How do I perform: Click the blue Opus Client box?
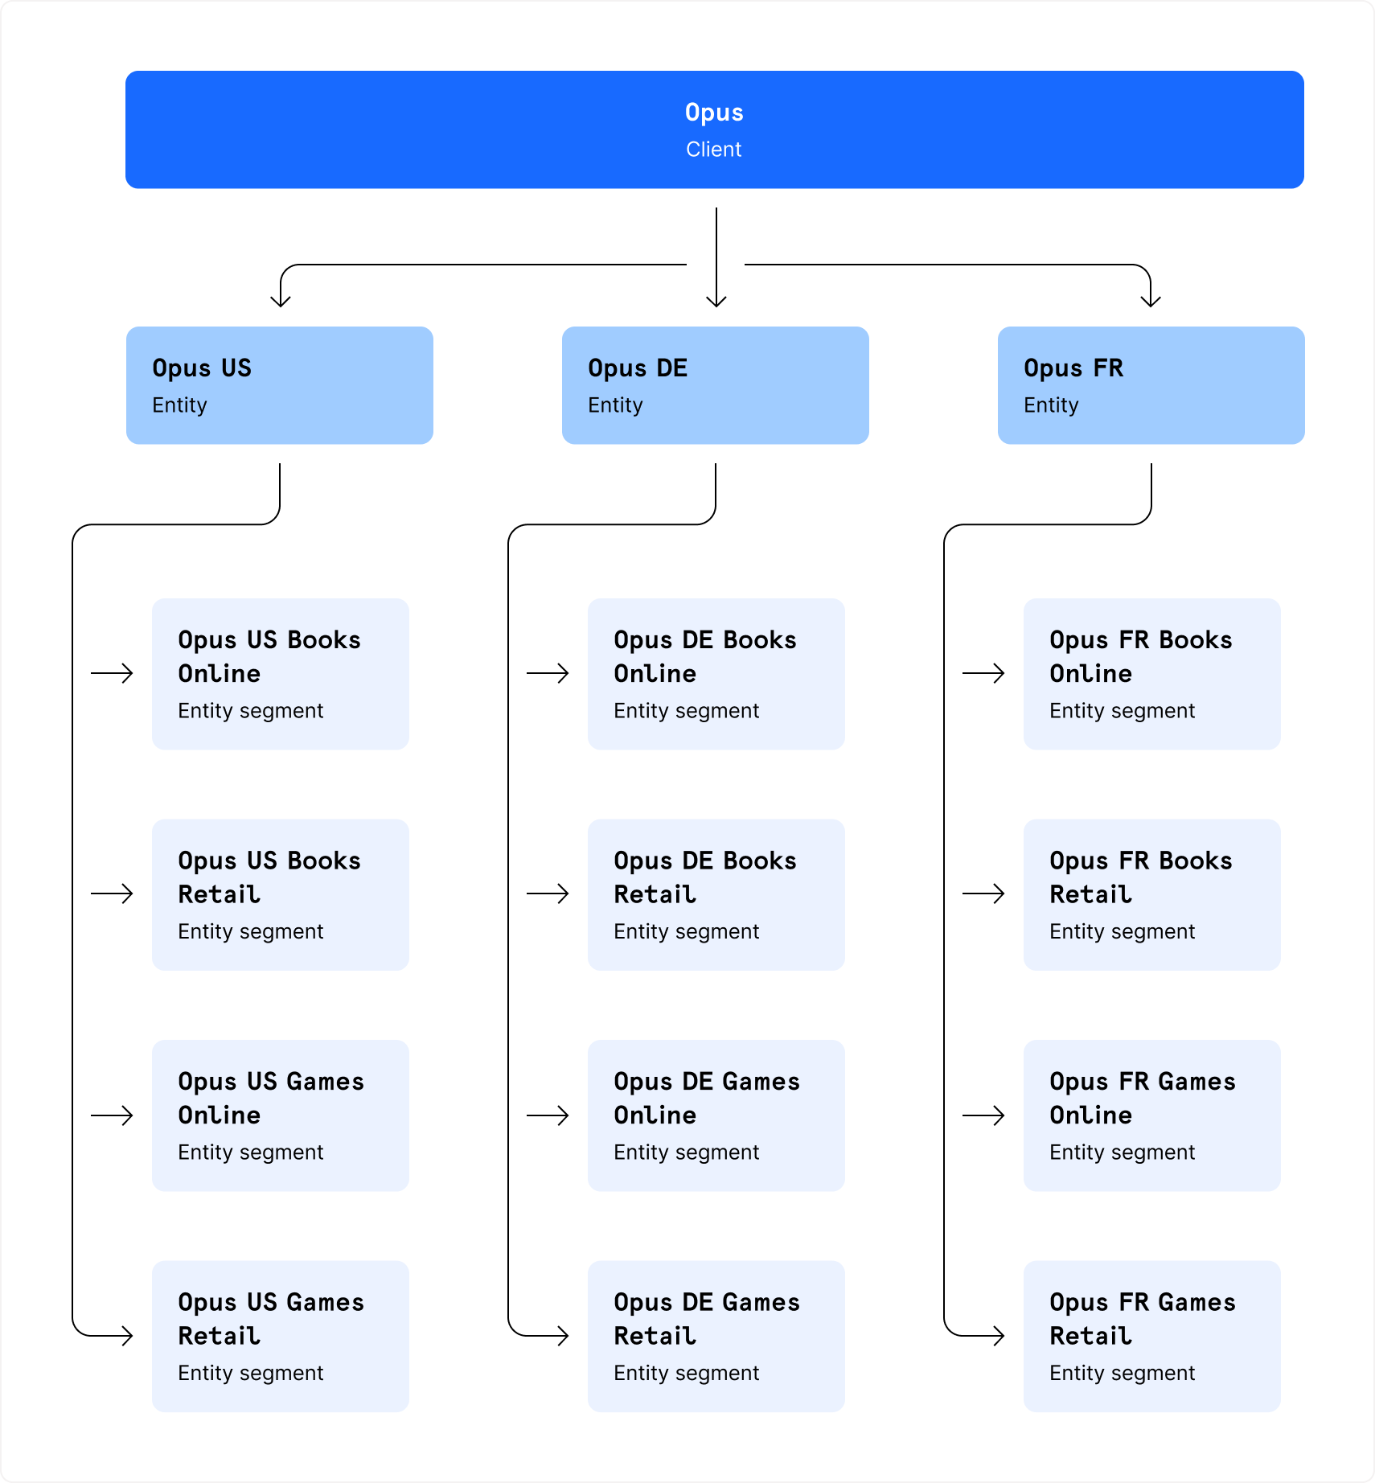pyautogui.click(x=714, y=129)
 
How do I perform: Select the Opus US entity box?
pyautogui.click(x=279, y=385)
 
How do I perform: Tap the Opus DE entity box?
pyautogui.click(x=715, y=385)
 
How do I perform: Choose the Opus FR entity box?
pyautogui.click(x=1151, y=385)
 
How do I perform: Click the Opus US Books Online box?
pyautogui.click(x=280, y=674)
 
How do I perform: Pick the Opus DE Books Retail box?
pyautogui.click(x=716, y=894)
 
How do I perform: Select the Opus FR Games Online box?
pyautogui.click(x=1151, y=1115)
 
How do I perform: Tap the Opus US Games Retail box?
pyautogui.click(x=280, y=1336)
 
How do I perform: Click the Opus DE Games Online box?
pyautogui.click(x=716, y=1115)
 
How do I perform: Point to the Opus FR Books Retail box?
pyautogui.click(x=1151, y=894)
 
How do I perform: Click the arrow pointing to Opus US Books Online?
pyautogui.click(x=113, y=673)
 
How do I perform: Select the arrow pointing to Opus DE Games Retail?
pyautogui.click(x=548, y=1336)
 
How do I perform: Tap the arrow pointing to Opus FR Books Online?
pyautogui.click(x=984, y=673)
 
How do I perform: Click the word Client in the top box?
pyautogui.click(x=713, y=150)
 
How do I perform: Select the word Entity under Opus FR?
pyautogui.click(x=1050, y=405)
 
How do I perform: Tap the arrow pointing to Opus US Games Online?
pyautogui.click(x=113, y=1115)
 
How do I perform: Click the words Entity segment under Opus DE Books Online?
pyautogui.click(x=686, y=711)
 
